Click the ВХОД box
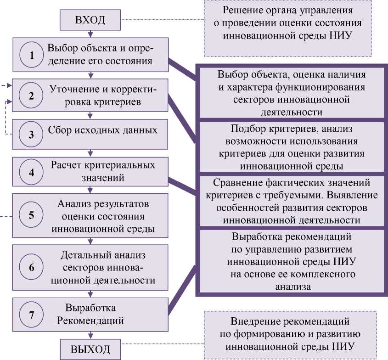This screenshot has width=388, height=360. pyautogui.click(x=90, y=20)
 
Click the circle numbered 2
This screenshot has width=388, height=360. pyautogui.click(x=32, y=96)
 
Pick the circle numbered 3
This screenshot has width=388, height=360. pyautogui.click(x=32, y=135)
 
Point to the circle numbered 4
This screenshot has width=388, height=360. pyautogui.click(x=32, y=173)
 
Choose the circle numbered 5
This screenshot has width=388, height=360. pyautogui.click(x=32, y=215)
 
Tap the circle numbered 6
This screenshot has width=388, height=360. pyautogui.click(x=32, y=267)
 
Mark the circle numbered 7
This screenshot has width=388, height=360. pyautogui.click(x=32, y=315)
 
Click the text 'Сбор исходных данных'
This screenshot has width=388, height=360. pyautogui.click(x=103, y=130)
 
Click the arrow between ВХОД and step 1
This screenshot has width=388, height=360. pyautogui.click(x=90, y=34)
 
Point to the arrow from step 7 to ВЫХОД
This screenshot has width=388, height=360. pyautogui.click(x=90, y=334)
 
